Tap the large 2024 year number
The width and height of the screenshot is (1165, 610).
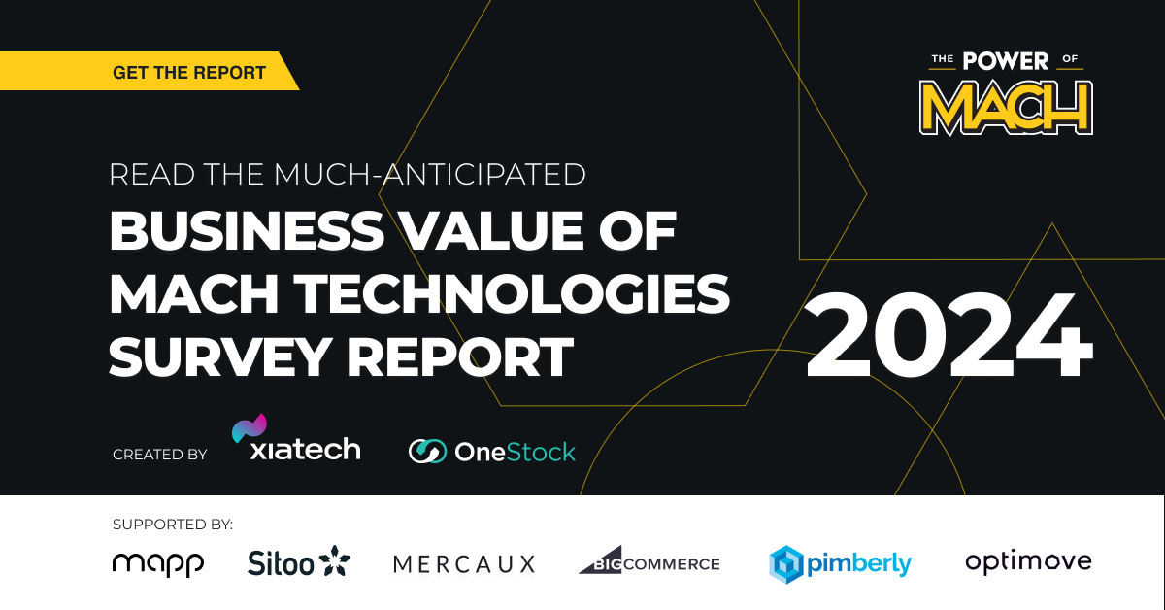coord(949,335)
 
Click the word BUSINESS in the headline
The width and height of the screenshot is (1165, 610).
coord(247,230)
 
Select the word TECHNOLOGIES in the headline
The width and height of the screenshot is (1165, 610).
coord(512,293)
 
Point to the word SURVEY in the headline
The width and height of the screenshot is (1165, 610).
coord(220,357)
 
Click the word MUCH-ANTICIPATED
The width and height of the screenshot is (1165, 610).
coord(430,175)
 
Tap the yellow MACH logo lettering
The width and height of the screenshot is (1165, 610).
coord(1006,108)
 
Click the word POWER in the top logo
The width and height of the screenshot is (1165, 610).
coord(1006,61)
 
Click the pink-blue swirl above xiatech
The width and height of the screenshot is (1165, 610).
coord(250,427)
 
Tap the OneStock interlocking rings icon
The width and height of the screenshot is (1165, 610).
coord(427,452)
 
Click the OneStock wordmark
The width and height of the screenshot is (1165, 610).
coord(515,452)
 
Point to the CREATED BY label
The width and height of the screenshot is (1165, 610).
coord(159,455)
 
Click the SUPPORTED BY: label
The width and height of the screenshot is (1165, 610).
coord(173,525)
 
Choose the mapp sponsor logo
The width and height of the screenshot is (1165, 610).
coord(158,564)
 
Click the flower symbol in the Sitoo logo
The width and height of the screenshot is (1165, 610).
coord(334,560)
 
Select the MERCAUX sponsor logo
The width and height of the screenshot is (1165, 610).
coord(464,564)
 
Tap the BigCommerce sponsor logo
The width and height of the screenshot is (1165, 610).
coord(649,560)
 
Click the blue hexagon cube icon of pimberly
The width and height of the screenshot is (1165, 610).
coord(786,564)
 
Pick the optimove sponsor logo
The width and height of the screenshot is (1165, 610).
coord(1028,562)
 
